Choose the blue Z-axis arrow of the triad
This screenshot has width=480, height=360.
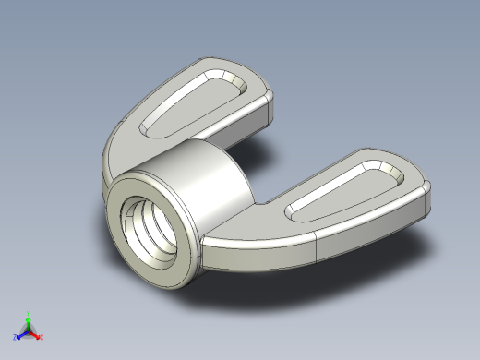(x=21, y=334)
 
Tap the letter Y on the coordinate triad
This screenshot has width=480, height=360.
(x=28, y=313)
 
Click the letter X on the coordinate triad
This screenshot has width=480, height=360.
(x=42, y=337)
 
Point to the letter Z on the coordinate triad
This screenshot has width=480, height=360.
(x=16, y=338)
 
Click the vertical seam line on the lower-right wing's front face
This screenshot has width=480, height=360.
(x=317, y=244)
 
